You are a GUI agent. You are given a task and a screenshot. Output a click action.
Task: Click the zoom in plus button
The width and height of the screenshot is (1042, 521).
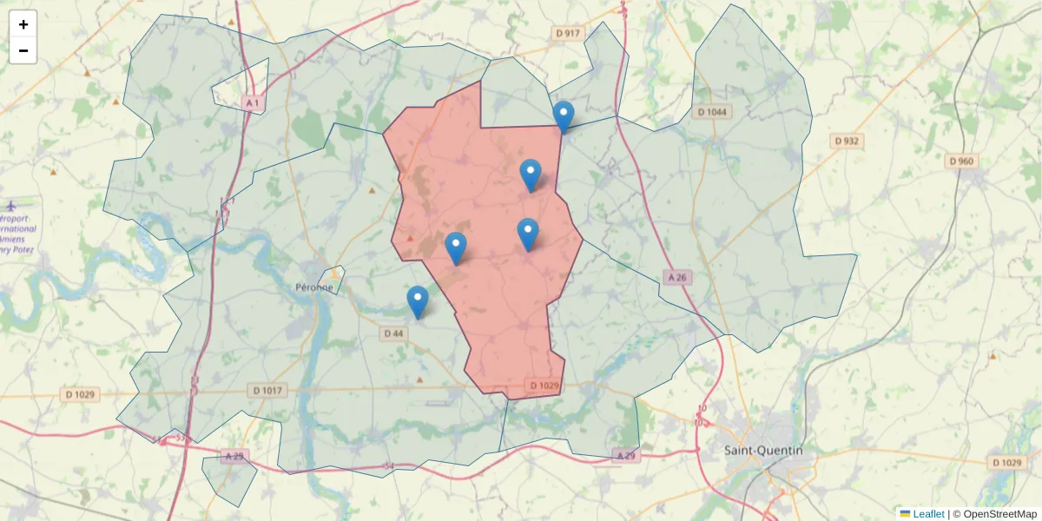(x=23, y=24)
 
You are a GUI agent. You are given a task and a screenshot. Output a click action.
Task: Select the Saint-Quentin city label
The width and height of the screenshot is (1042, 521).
(x=763, y=450)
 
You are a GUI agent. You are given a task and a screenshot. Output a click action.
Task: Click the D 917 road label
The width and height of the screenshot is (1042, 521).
(x=567, y=33)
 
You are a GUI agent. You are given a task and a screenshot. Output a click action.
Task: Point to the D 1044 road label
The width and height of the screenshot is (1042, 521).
(x=714, y=112)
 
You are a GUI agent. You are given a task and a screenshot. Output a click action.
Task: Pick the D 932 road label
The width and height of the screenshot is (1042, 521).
(x=846, y=141)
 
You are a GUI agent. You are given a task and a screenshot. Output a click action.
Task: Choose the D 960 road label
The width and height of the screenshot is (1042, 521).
(x=962, y=162)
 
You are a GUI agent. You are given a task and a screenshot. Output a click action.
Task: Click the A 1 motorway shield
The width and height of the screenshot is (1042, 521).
(x=253, y=103)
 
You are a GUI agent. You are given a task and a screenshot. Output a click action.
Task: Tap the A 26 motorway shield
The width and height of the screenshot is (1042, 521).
(x=677, y=277)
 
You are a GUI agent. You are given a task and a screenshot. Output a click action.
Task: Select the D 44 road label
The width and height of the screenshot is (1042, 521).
(x=393, y=333)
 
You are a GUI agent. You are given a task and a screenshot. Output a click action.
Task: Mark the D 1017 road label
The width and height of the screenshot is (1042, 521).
(x=268, y=391)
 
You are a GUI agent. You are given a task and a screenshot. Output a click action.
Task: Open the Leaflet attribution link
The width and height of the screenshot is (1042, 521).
(x=928, y=514)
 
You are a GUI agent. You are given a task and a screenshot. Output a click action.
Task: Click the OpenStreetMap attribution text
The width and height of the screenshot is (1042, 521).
(x=999, y=514)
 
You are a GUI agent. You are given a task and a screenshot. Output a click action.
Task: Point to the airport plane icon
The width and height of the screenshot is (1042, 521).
(x=10, y=207)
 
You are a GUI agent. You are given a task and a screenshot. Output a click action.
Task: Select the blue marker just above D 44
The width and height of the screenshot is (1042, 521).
(x=418, y=301)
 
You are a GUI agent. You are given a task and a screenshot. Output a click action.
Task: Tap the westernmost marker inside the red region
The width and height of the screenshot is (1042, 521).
(x=456, y=247)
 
